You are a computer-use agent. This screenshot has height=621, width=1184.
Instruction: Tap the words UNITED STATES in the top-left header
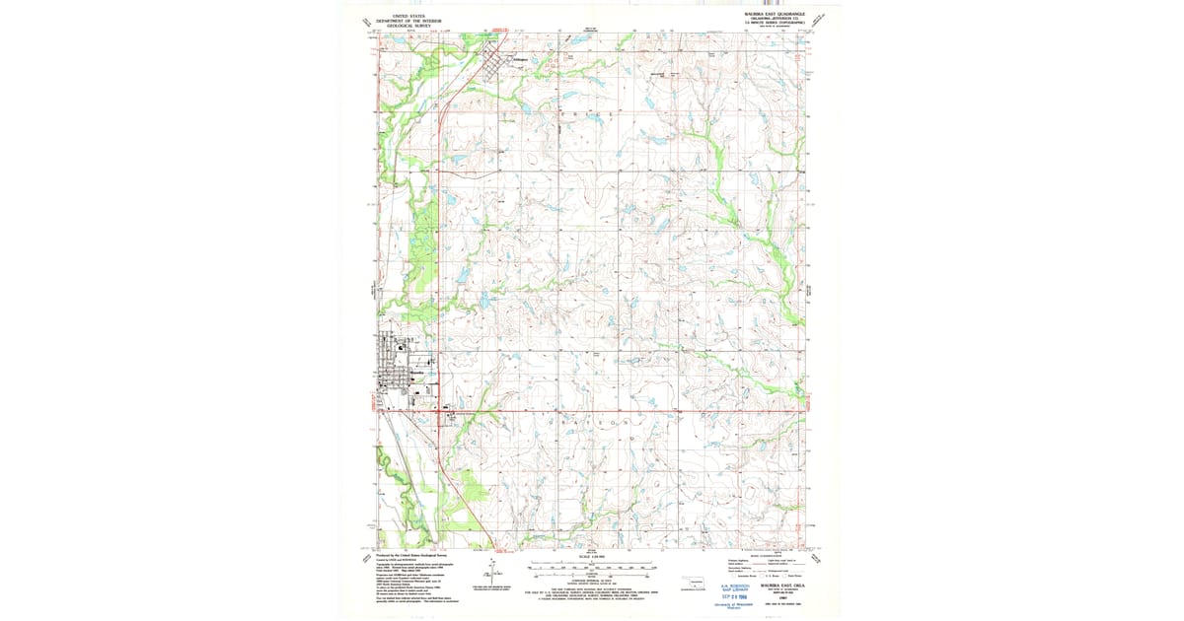(410, 16)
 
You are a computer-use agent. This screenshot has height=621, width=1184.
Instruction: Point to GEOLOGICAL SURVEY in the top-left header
(410, 25)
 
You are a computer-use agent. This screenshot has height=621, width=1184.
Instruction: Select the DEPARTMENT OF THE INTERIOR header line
(410, 21)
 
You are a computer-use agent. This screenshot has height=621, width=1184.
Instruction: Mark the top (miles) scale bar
(591, 566)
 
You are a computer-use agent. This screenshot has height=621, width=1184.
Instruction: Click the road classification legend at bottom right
(774, 567)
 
